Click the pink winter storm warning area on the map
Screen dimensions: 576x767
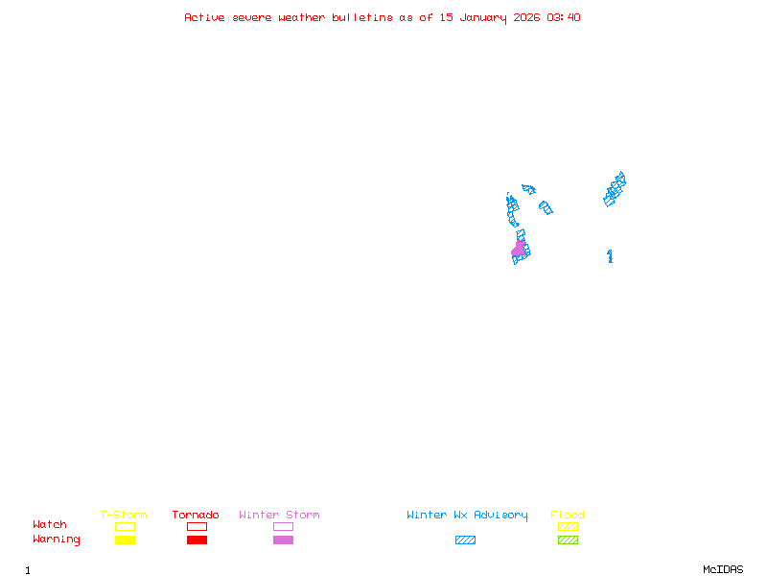[x=519, y=250]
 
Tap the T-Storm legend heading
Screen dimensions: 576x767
[x=124, y=516]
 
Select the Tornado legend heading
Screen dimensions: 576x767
[x=196, y=516]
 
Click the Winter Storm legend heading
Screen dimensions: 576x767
[x=279, y=516]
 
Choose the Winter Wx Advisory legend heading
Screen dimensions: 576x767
[x=467, y=516]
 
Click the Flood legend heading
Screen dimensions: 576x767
[x=568, y=516]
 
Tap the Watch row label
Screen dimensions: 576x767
[x=50, y=525]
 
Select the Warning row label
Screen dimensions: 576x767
[x=57, y=540]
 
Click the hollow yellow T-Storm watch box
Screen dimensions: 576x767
[x=125, y=526]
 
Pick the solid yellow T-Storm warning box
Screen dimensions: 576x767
[x=125, y=540]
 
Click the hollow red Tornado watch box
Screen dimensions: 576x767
[x=197, y=526]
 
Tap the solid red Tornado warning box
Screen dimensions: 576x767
[x=197, y=540]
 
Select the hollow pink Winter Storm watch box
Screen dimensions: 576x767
[x=283, y=526]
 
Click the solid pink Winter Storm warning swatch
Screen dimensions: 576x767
[x=283, y=540]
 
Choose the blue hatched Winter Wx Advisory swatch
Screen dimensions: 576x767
[x=465, y=540]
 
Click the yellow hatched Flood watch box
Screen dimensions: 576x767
[x=568, y=526]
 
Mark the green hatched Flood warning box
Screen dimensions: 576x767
[x=568, y=540]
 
